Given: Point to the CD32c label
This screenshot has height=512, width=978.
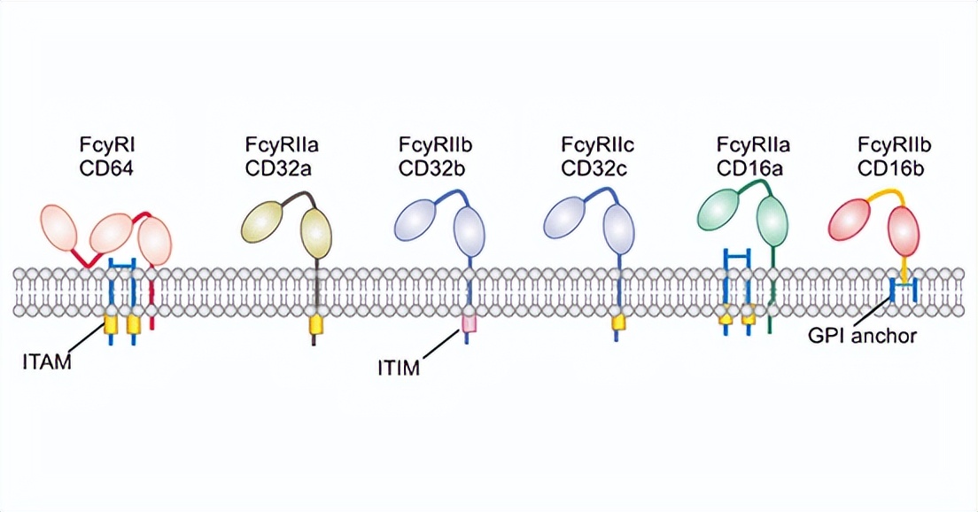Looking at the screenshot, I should (x=594, y=166).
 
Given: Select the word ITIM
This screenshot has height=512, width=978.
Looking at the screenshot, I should (x=397, y=365).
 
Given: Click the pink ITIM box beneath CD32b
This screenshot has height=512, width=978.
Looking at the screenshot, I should (x=468, y=326).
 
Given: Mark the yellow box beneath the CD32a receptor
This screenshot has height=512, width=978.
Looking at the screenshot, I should (x=315, y=326).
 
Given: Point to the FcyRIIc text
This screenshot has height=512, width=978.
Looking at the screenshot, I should (x=594, y=144).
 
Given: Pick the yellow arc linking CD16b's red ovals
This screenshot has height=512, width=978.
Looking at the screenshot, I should (x=881, y=196).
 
